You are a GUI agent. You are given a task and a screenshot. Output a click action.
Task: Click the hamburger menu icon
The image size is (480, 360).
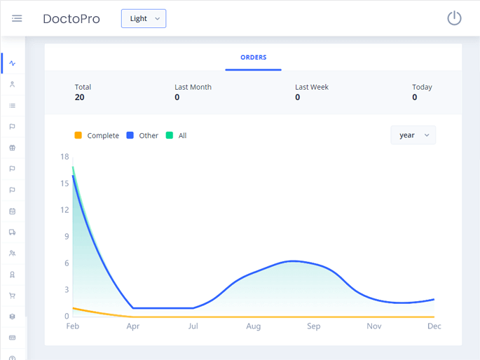coord(17,18)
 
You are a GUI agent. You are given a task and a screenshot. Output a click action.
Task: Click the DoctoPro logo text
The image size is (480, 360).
coord(71,19)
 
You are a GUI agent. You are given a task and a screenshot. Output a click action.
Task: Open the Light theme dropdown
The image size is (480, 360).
coord(144,19)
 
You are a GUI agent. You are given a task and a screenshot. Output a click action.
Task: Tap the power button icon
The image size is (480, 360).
coord(454,18)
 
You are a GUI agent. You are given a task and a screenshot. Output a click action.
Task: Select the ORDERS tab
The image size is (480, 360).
coord(253,57)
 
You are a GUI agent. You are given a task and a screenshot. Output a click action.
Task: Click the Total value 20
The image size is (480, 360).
coord(79,97)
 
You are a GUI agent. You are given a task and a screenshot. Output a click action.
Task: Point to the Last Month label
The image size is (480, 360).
coord(193,87)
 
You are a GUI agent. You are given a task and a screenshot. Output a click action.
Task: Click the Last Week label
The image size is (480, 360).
coord(311,87)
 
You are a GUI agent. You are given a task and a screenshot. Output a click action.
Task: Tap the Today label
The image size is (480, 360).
coord(422,87)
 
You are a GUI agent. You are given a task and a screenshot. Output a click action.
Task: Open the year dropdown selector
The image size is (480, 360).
coord(413,135)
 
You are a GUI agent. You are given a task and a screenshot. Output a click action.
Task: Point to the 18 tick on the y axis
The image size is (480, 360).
coord(64,157)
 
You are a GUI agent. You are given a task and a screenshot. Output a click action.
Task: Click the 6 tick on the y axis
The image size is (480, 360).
coord(67,263)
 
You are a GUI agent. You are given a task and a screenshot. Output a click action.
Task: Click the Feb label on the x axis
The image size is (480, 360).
coord(73,326)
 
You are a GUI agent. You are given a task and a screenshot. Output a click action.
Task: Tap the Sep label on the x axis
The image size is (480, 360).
coord(313,326)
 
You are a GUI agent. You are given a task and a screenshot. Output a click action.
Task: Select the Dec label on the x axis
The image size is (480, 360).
coord(434,326)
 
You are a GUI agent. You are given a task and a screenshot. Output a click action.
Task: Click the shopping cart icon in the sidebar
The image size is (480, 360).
coord(12,296)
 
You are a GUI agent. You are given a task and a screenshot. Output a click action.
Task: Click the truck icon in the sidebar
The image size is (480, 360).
coord(12,232)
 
